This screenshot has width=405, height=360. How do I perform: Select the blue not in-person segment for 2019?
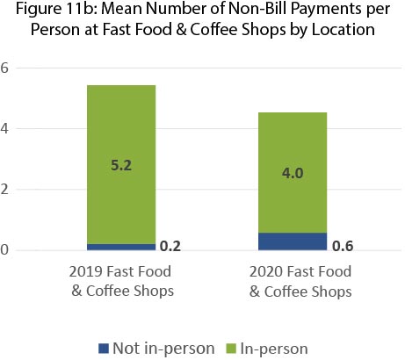[120, 247]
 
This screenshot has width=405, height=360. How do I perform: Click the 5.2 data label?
[121, 164]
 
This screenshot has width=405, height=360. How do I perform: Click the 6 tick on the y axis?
[6, 68]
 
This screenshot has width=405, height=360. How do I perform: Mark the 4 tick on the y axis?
[6, 129]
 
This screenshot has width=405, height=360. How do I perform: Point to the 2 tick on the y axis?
[6, 190]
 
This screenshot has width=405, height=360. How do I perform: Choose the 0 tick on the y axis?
[6, 250]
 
